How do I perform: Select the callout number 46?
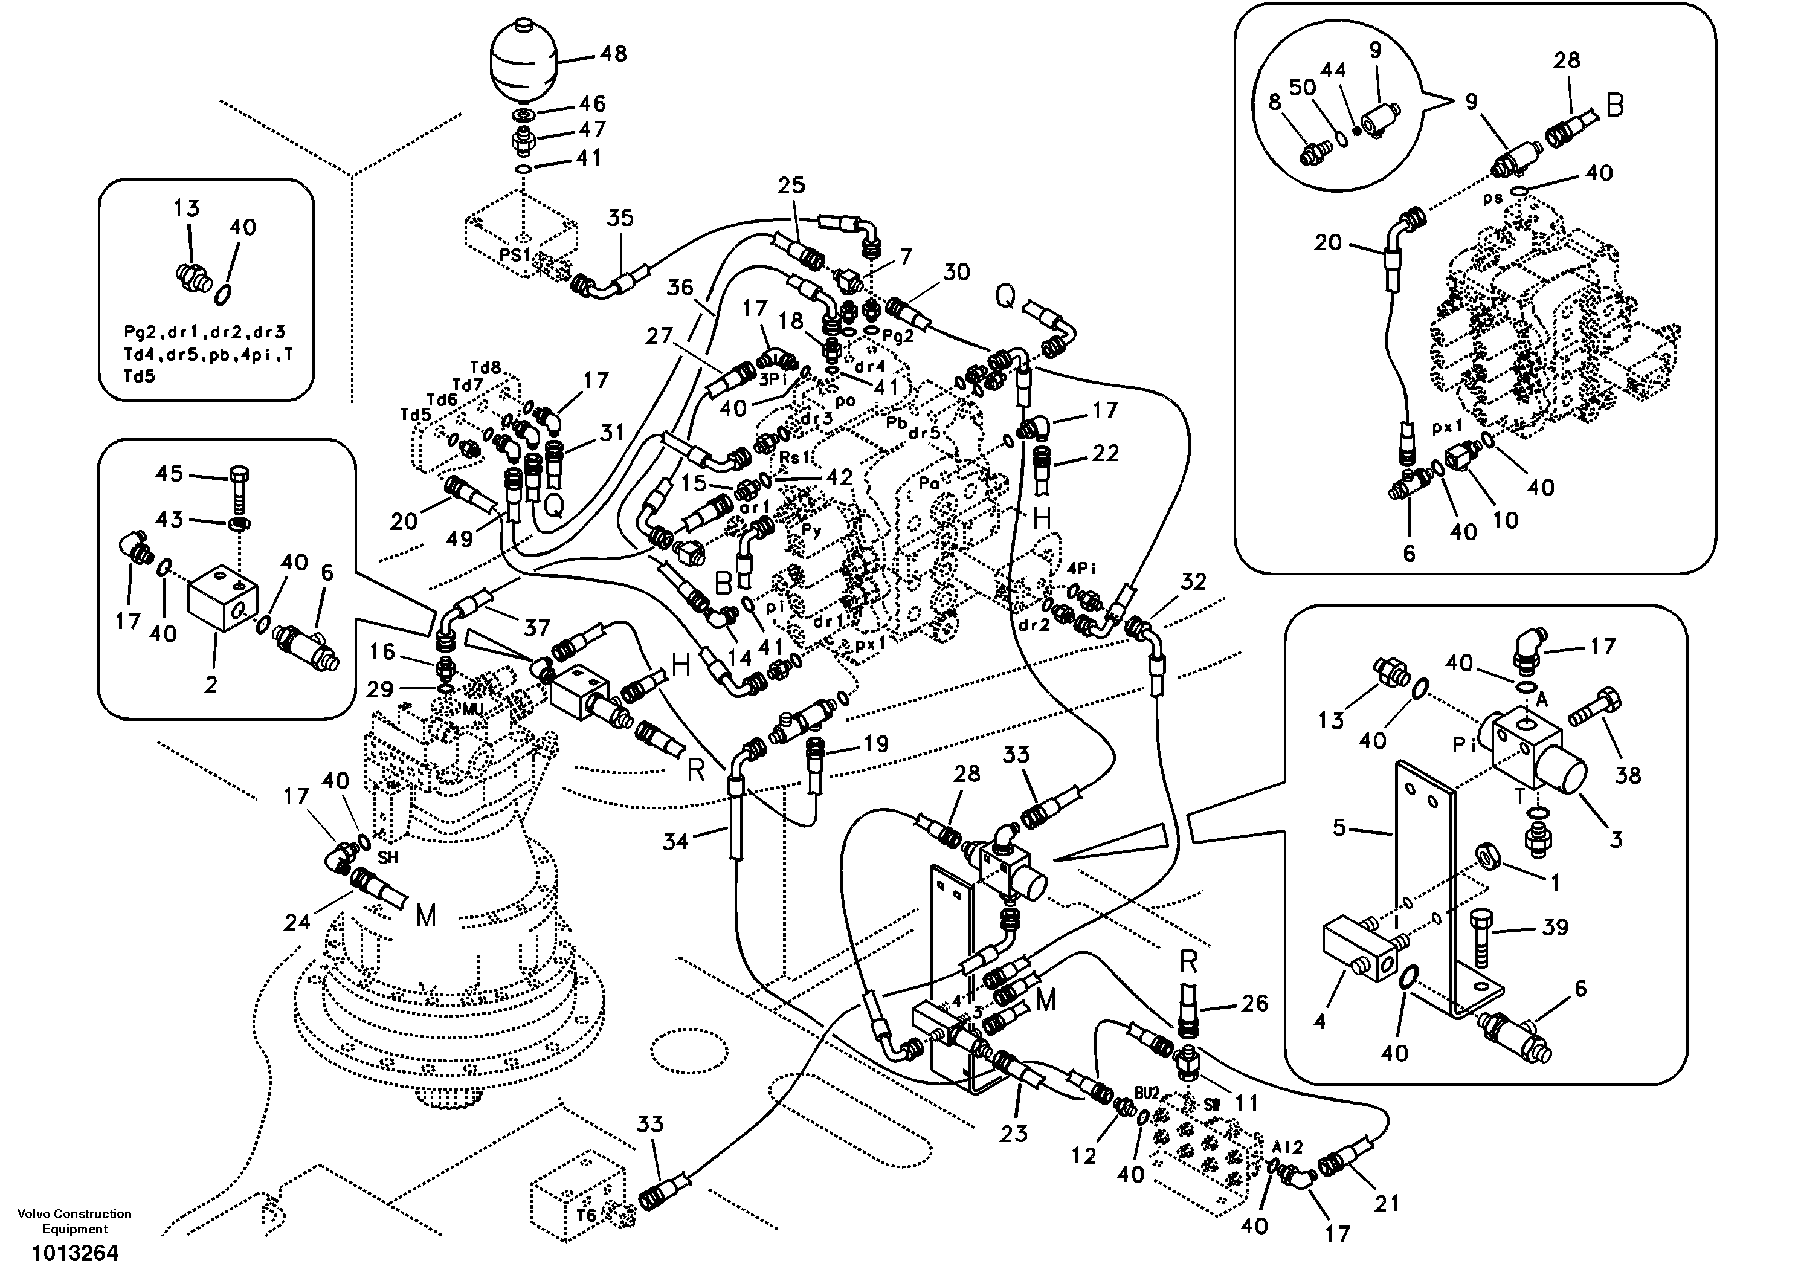pos(591,103)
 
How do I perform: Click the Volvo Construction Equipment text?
pos(74,1221)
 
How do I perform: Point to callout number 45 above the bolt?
pos(169,473)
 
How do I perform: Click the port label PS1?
pos(515,254)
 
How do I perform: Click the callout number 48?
pos(613,53)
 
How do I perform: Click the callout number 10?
pos(1505,520)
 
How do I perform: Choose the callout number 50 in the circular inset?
pos(1303,88)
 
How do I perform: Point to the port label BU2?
pos(1147,1092)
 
